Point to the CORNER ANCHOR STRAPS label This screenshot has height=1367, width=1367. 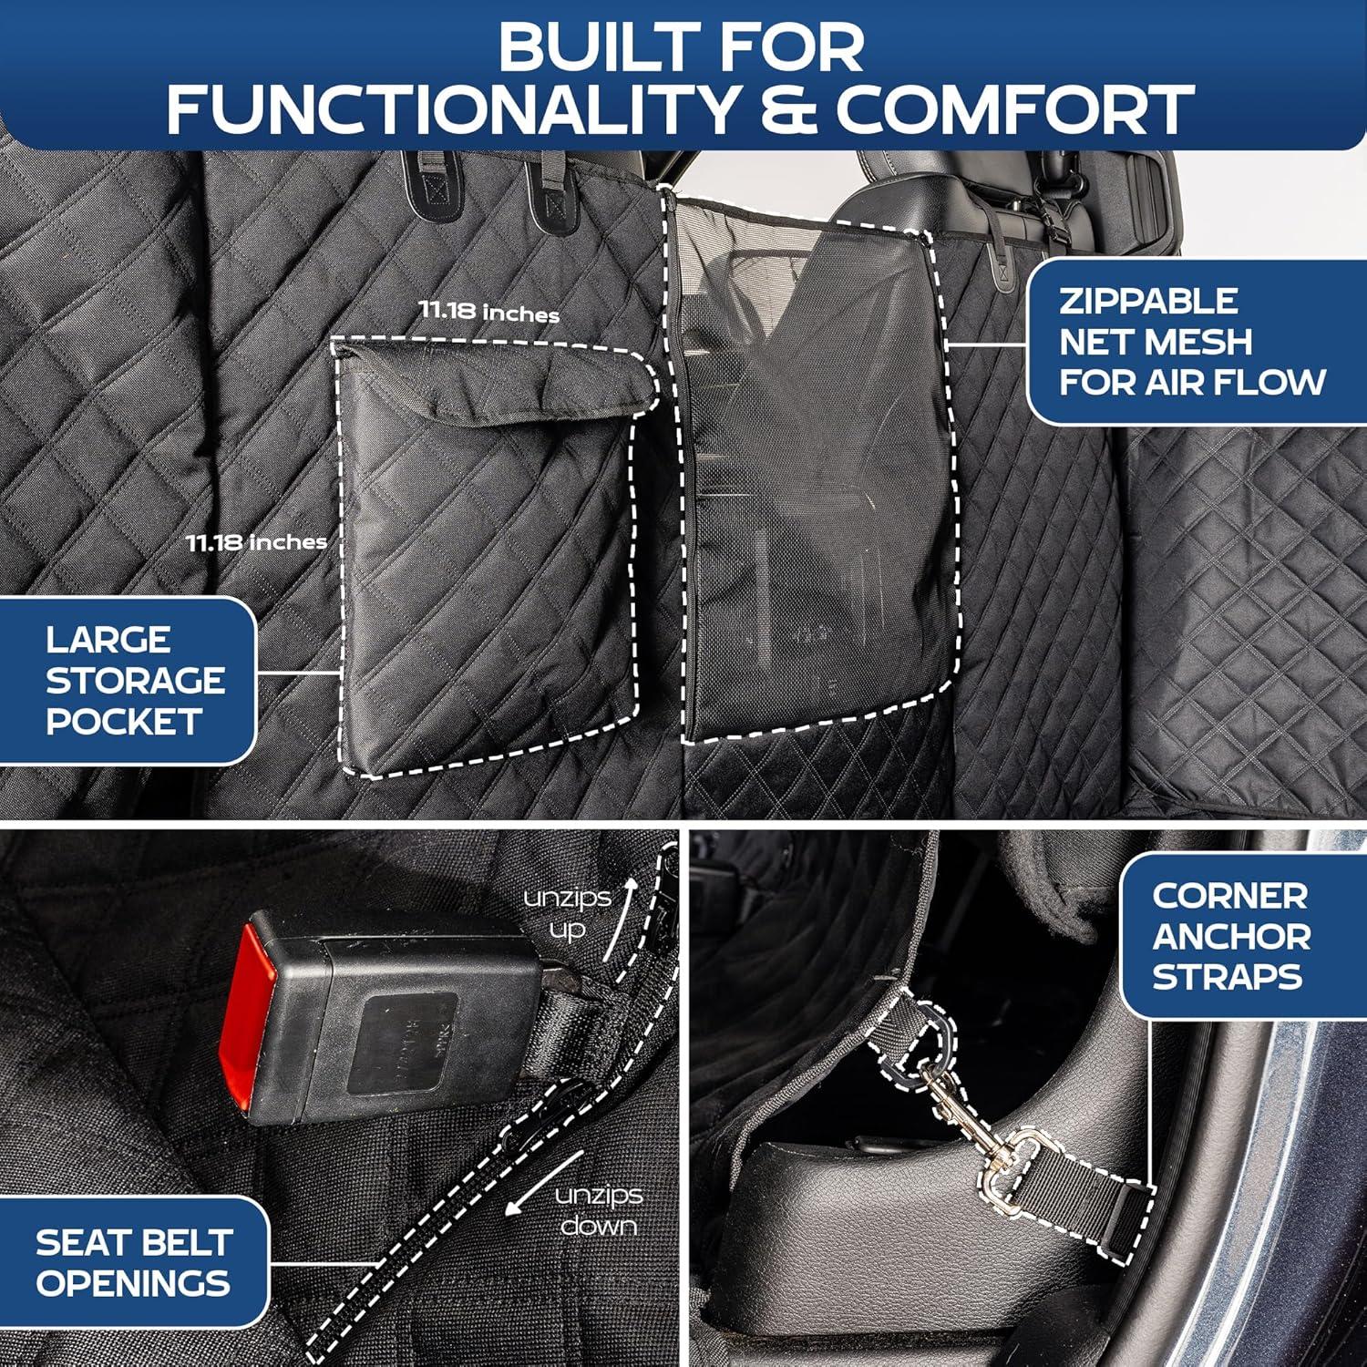pos(1230,936)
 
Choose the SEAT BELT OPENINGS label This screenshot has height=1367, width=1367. pos(133,1262)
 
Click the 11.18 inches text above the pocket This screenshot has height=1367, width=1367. pos(488,312)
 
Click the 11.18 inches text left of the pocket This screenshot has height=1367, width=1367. pos(256,542)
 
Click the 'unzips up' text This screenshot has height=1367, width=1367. pos(567,913)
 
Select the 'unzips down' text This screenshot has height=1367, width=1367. pos(598,1209)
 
